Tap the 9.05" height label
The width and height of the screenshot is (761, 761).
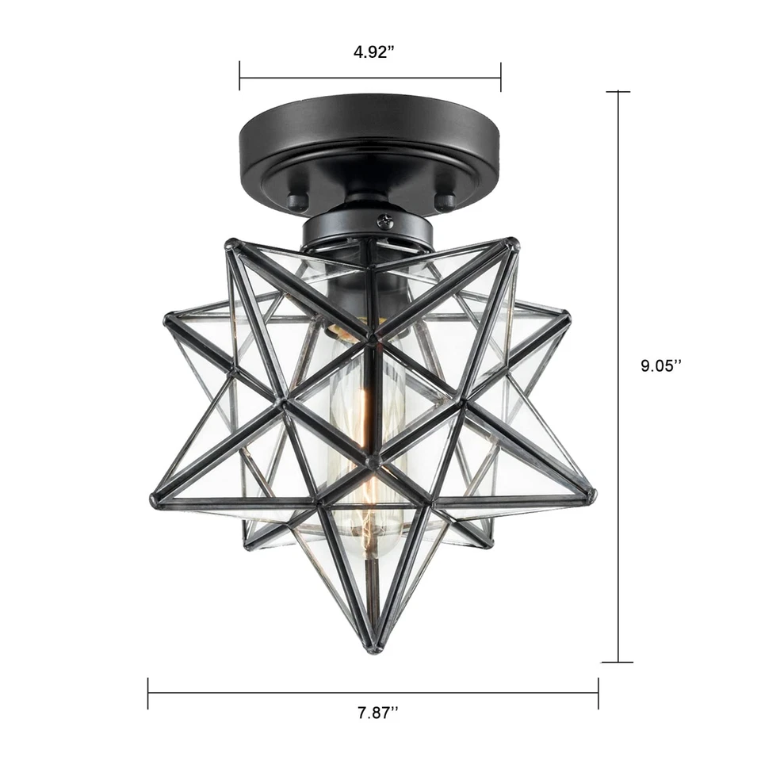[x=661, y=365]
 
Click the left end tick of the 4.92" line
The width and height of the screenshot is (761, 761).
[x=240, y=78]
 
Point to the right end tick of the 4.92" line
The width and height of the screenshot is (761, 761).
[x=500, y=78]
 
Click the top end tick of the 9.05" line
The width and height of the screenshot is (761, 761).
[x=618, y=92]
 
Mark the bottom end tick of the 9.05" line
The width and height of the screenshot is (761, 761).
[x=618, y=662]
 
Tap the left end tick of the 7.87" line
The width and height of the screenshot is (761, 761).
[x=148, y=693]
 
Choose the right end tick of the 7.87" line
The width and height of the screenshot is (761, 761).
[x=598, y=693]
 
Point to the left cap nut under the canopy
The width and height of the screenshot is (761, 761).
[x=296, y=201]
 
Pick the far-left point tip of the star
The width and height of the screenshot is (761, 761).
[x=154, y=501]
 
